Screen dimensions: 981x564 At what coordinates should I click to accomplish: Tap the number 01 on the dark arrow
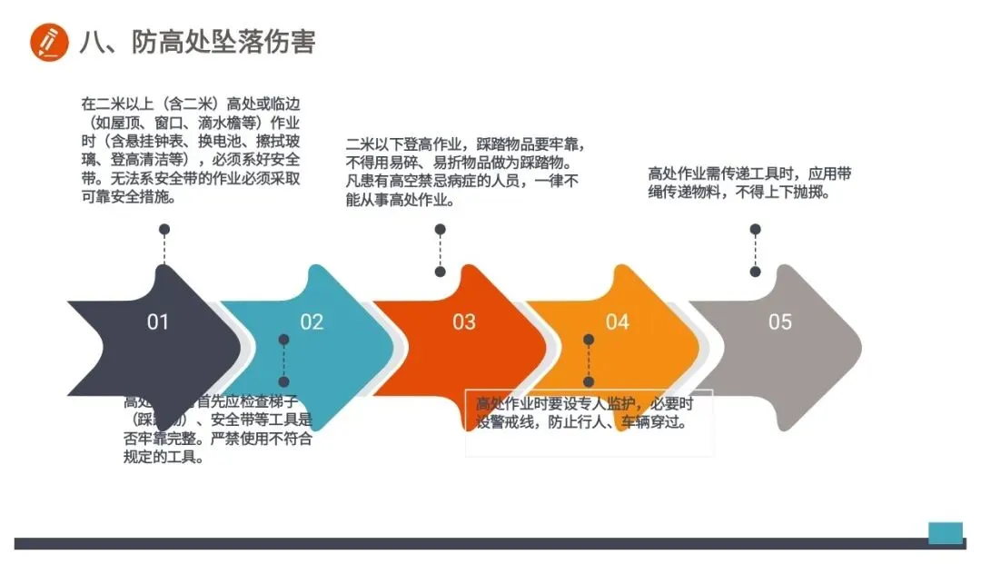(158, 322)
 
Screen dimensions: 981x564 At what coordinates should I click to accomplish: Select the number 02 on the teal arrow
(312, 322)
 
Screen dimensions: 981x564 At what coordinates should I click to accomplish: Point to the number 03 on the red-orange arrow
(464, 322)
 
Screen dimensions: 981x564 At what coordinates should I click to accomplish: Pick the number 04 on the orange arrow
(618, 322)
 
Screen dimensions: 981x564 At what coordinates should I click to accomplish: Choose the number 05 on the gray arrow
(780, 322)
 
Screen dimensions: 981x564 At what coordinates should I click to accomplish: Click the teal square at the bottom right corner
(945, 532)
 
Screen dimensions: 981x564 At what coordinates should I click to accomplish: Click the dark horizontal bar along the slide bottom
(472, 543)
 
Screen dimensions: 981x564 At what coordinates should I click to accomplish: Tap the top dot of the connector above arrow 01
(164, 230)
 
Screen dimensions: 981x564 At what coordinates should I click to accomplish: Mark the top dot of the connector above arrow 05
(755, 230)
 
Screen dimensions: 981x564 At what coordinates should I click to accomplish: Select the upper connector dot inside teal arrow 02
(283, 340)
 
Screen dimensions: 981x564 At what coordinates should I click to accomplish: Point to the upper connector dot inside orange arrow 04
(589, 340)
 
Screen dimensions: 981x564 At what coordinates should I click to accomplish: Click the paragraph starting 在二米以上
(190, 149)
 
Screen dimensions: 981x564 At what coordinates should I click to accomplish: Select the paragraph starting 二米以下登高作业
(464, 173)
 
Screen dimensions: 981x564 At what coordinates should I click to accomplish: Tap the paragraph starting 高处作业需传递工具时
(749, 183)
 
